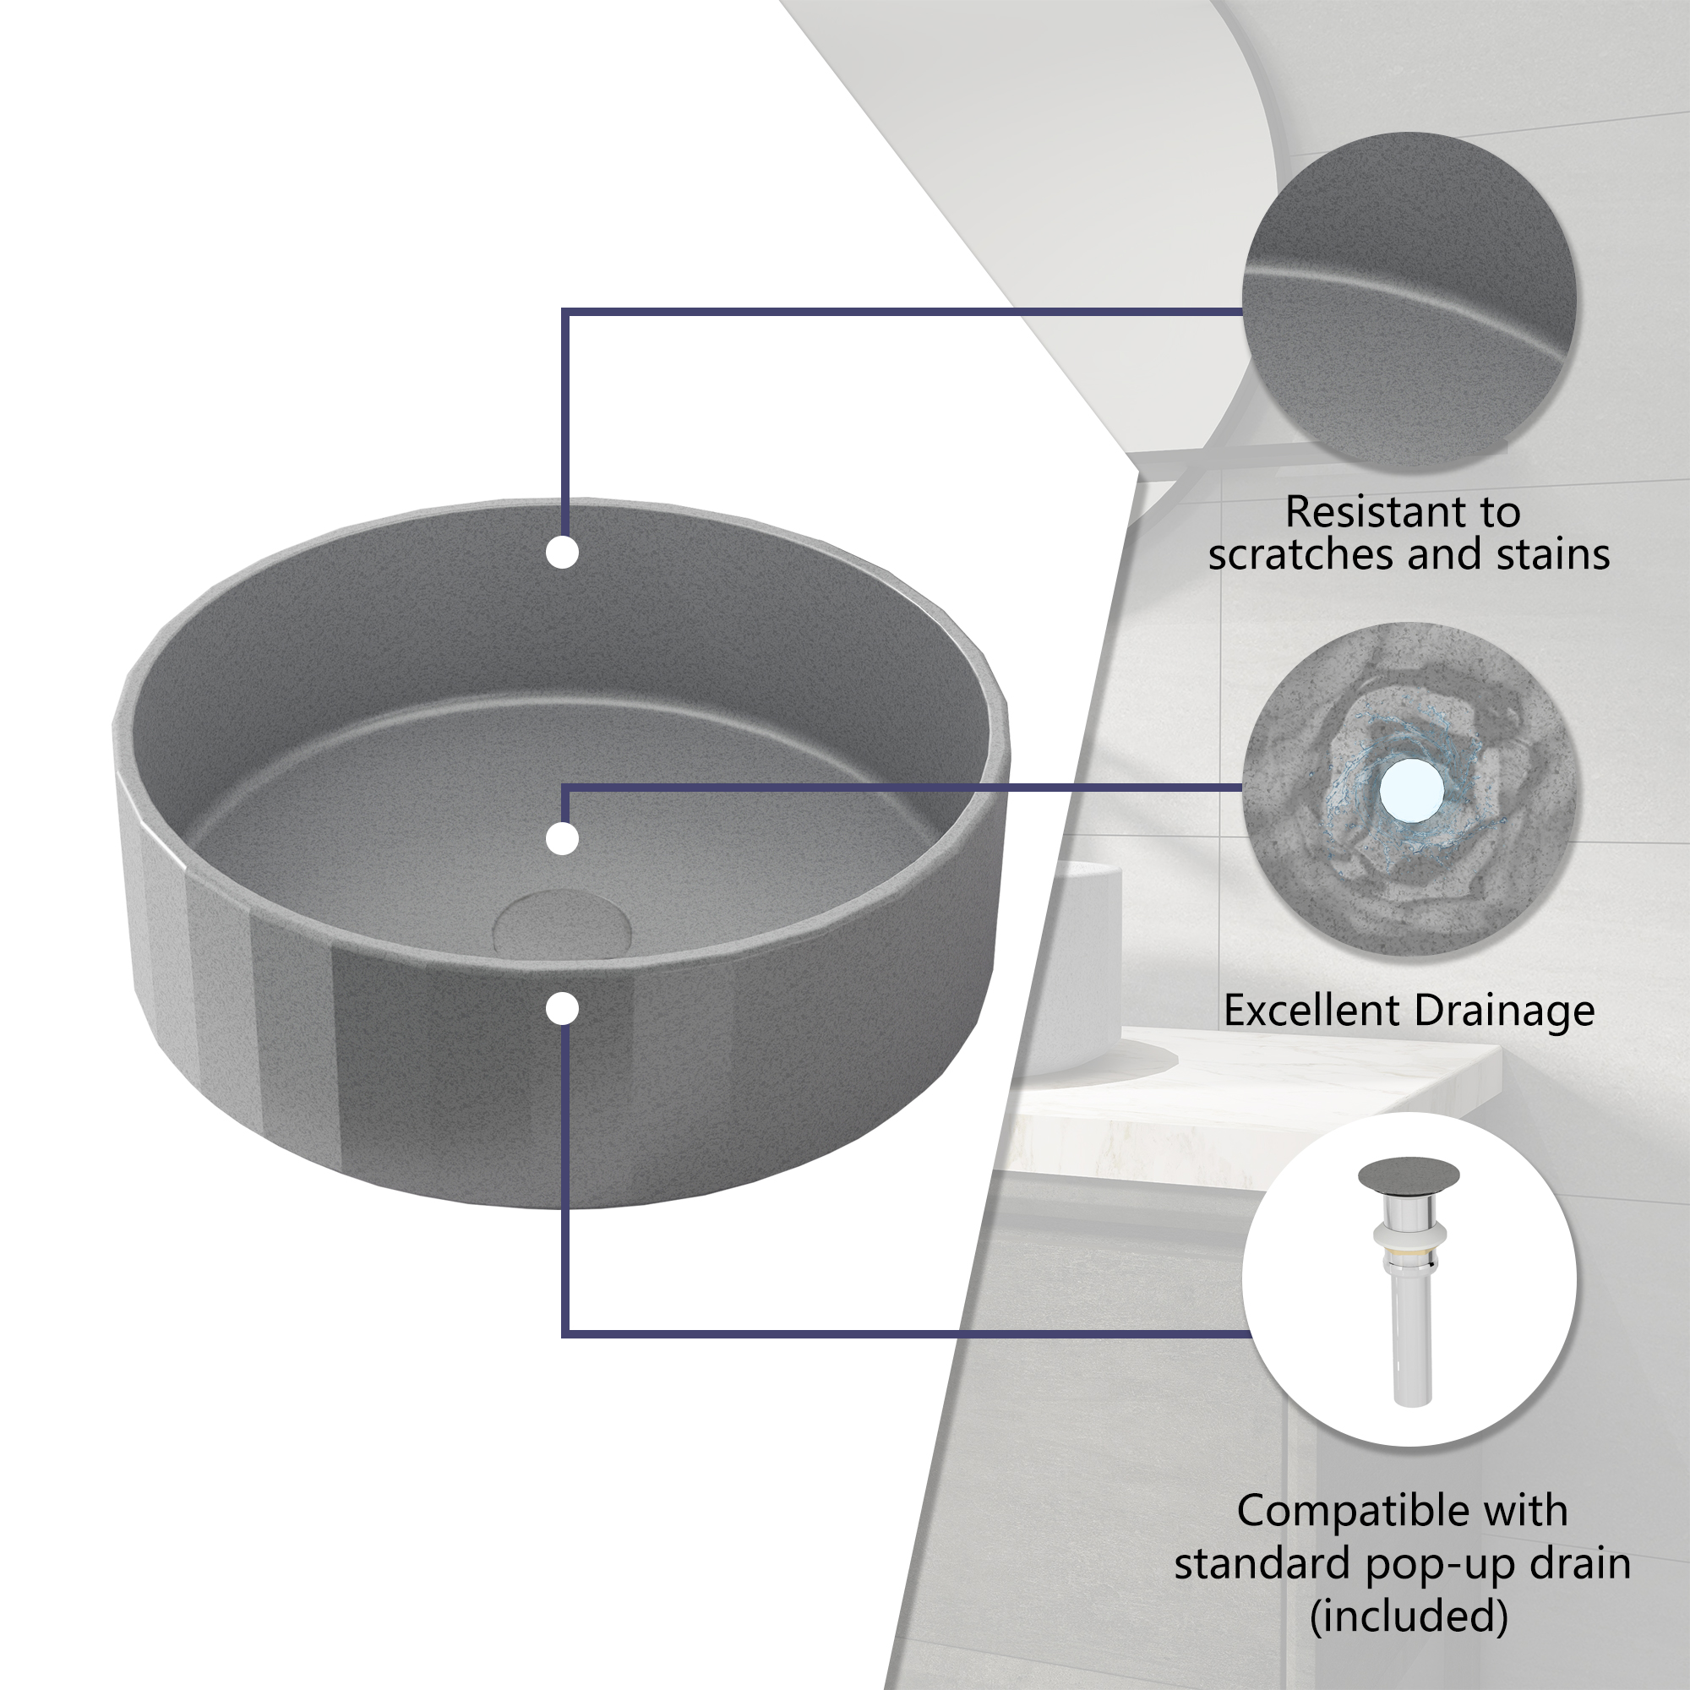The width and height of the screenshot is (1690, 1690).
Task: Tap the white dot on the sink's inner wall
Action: coord(563,553)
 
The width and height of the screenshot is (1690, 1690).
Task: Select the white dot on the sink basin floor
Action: coord(563,839)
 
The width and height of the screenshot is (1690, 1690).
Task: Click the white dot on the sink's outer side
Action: coord(563,1009)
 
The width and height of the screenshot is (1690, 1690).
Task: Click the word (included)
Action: coord(1409,1616)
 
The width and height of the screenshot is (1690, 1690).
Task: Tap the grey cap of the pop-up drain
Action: coord(1409,1175)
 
